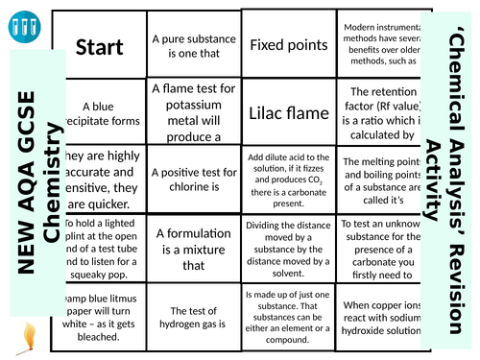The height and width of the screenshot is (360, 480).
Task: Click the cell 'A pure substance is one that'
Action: [193, 44]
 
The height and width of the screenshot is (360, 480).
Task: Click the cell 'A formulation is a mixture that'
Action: [193, 244]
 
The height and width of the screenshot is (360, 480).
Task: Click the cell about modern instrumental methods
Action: [379, 44]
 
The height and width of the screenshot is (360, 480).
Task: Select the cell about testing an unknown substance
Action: [379, 244]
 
